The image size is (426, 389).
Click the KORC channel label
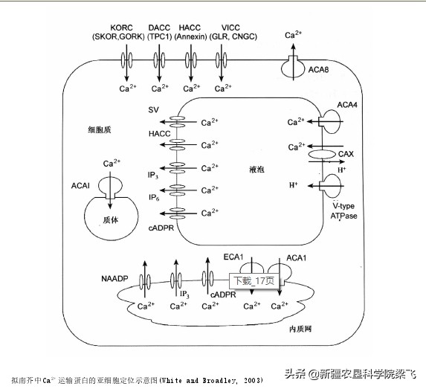click(x=123, y=27)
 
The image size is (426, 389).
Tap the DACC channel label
click(x=158, y=27)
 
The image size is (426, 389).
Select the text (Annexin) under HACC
click(x=193, y=36)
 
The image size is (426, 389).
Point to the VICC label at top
click(x=230, y=27)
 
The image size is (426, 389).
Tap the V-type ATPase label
click(x=344, y=210)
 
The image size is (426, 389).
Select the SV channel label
click(x=153, y=110)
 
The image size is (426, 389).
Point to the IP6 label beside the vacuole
click(x=154, y=198)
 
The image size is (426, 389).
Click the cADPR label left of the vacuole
click(x=161, y=228)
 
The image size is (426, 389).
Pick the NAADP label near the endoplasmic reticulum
click(x=115, y=278)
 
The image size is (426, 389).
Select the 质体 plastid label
click(x=111, y=220)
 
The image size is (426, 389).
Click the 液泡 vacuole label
click(x=257, y=170)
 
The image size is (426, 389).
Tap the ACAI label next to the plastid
click(x=81, y=184)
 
